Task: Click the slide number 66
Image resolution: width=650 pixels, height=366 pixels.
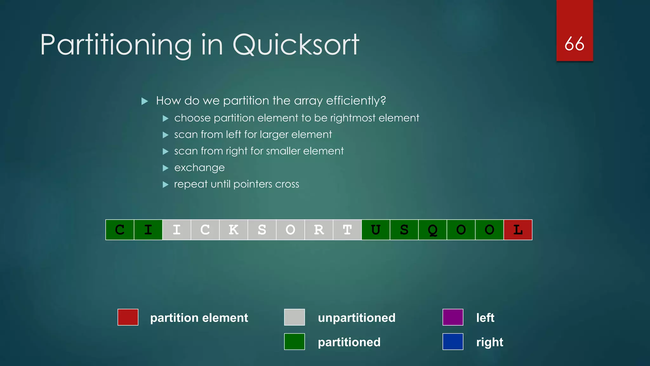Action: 574,44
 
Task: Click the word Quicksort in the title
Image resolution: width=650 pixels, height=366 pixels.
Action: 296,45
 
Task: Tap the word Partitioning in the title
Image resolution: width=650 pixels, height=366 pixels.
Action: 116,45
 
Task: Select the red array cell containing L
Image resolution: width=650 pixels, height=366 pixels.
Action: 518,230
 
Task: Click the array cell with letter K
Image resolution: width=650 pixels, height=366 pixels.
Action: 234,230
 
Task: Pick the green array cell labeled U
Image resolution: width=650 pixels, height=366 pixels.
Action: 376,230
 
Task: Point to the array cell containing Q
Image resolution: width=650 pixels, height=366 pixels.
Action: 433,230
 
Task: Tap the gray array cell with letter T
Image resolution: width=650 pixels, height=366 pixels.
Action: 347,230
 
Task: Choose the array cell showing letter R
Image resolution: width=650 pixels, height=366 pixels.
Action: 319,230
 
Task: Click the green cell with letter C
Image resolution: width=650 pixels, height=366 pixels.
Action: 120,230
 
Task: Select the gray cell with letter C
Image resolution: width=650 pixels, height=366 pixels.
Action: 205,230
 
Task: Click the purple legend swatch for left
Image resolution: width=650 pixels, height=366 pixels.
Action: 453,317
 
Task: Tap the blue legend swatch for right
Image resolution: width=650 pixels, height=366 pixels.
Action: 453,342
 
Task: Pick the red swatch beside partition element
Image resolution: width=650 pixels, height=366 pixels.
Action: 128,317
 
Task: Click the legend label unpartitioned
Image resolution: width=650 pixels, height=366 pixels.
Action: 356,318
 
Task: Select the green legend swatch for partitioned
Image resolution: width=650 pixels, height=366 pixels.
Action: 295,342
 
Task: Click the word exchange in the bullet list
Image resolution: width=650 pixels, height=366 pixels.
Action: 199,167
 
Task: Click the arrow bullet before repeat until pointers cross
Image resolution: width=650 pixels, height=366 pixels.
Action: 165,184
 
